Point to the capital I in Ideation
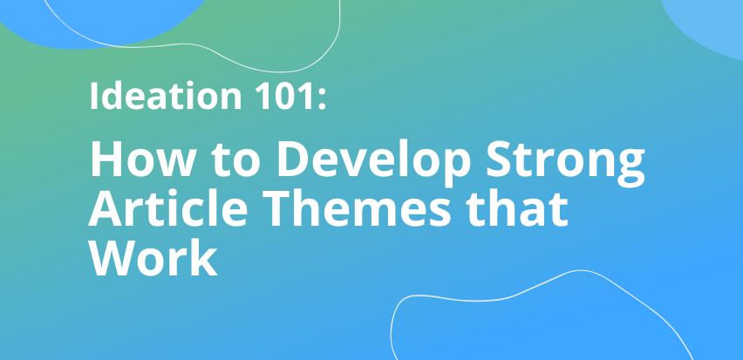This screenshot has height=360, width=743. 93,97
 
